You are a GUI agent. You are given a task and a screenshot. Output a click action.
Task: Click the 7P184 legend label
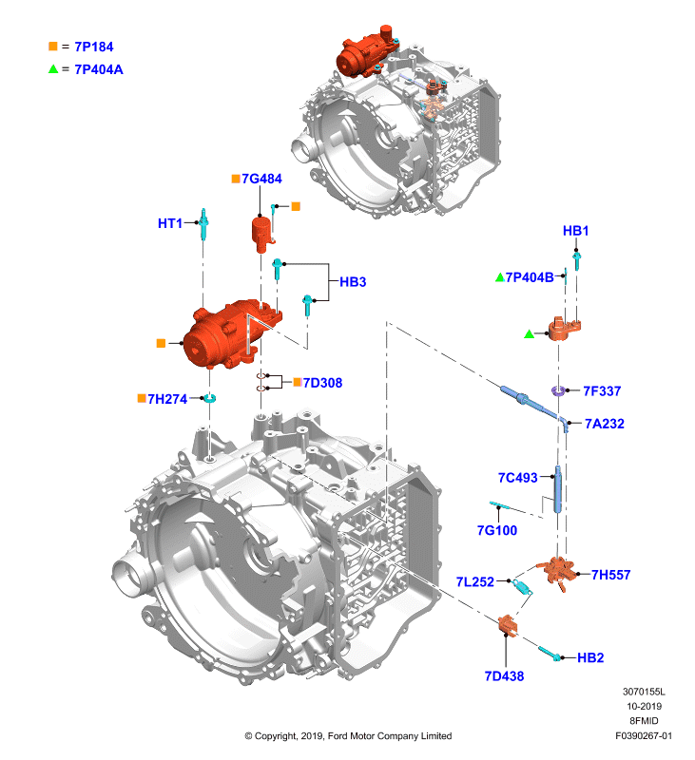click(93, 47)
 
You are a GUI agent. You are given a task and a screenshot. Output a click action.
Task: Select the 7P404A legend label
click(99, 69)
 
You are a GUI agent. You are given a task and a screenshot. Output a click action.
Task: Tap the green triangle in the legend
click(53, 68)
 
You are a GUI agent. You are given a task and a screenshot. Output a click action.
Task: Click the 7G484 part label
click(261, 179)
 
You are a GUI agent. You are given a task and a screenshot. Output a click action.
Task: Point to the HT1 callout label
click(170, 223)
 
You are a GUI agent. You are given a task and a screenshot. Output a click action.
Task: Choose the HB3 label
click(353, 282)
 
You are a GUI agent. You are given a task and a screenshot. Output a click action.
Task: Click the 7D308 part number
click(322, 383)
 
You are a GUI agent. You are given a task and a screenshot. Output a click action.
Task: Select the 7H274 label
click(167, 399)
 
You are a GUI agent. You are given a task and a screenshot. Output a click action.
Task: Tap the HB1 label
click(576, 231)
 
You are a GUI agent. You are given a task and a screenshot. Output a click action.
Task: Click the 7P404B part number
click(530, 277)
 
